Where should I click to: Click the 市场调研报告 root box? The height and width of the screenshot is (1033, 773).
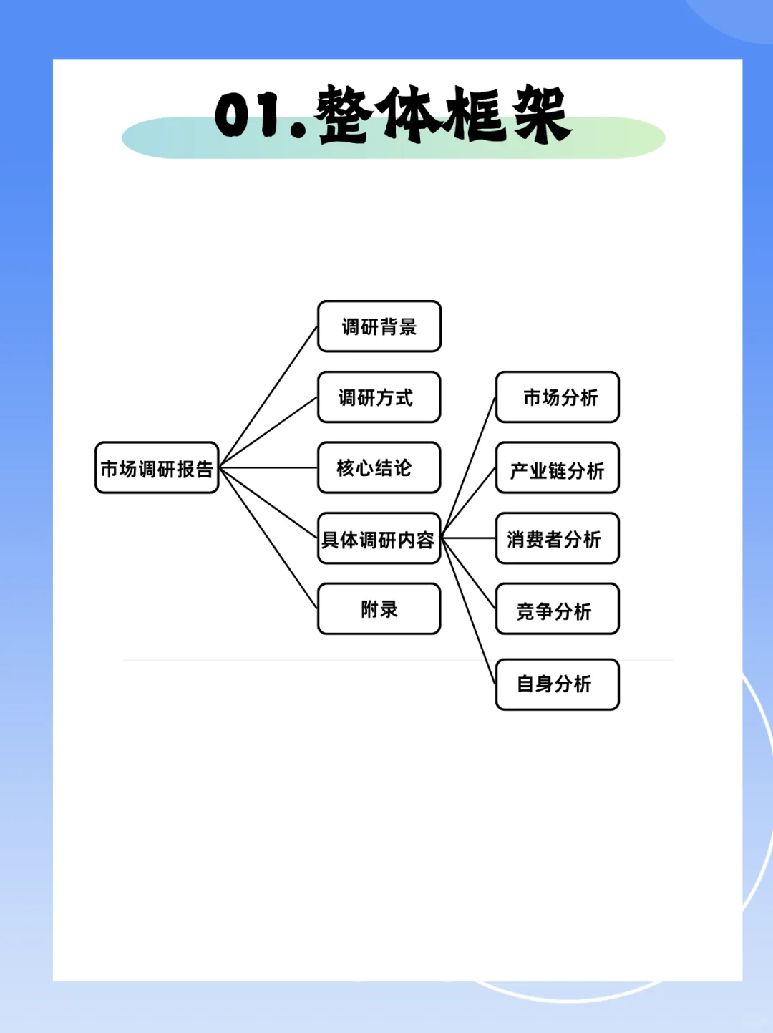tap(157, 468)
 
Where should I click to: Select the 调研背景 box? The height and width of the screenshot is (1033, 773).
tap(379, 326)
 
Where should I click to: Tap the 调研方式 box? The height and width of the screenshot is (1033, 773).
tap(379, 397)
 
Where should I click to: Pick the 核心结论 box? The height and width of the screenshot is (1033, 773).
tap(379, 467)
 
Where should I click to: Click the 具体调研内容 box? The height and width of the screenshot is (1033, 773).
tap(379, 538)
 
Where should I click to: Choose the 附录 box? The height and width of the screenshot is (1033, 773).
tap(379, 609)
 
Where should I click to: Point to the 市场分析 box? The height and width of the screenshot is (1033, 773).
tap(557, 397)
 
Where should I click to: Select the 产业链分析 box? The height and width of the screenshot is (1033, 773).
tap(557, 468)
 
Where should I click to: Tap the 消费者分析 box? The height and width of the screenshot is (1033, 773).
tap(557, 538)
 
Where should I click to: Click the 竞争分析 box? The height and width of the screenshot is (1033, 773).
tap(557, 609)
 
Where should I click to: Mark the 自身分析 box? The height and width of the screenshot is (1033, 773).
tap(557, 684)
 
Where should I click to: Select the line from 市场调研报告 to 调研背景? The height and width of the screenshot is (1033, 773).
tap(268, 397)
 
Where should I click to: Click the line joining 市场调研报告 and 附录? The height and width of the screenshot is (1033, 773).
tap(268, 538)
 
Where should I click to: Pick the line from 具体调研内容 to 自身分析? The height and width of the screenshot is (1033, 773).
tap(469, 611)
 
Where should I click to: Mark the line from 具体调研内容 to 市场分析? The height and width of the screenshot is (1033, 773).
tap(469, 467)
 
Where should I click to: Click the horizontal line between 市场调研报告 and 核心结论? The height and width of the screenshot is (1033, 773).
tap(268, 467)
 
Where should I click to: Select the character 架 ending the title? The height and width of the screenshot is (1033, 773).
tap(540, 115)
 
